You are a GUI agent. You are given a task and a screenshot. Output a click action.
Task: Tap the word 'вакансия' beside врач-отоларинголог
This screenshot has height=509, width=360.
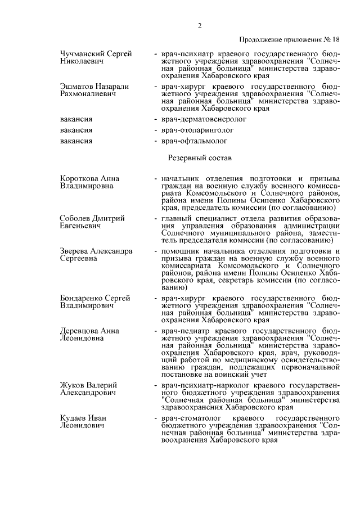[x=76, y=130]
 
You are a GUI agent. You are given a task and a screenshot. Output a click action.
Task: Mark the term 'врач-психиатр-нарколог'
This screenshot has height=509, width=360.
[x=199, y=385]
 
